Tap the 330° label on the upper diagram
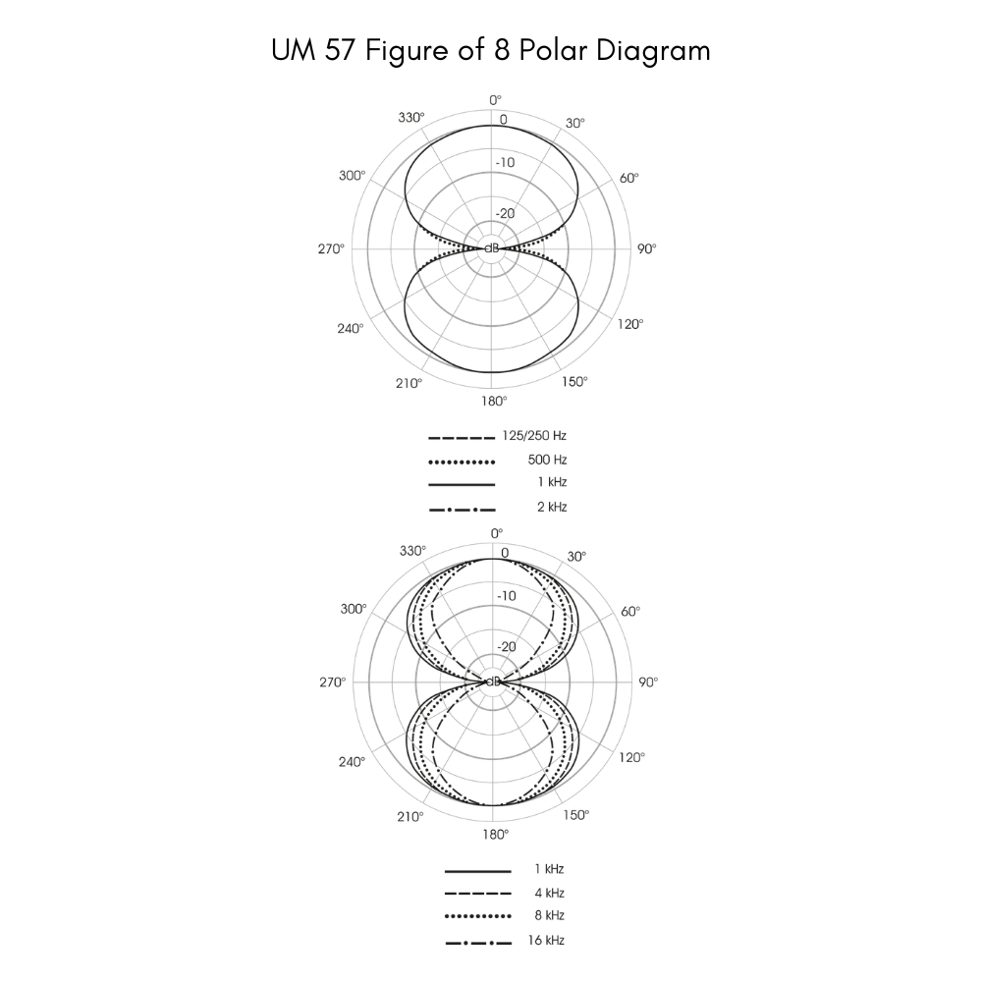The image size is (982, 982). [x=412, y=118]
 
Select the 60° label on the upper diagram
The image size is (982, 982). [x=628, y=178]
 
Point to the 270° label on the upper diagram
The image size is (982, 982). [x=332, y=249]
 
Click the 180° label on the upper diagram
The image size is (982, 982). [x=494, y=401]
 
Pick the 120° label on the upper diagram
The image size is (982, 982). [x=630, y=324]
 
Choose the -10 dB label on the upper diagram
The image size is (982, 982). [x=505, y=163]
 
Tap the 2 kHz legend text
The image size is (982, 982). [x=552, y=508]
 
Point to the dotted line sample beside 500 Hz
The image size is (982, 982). [x=462, y=461]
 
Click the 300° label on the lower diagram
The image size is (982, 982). [x=353, y=609]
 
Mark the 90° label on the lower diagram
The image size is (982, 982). [x=647, y=682]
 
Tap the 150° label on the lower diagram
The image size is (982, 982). [x=575, y=815]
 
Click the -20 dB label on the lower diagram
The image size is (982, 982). [x=507, y=647]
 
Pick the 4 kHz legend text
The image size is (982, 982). [x=549, y=893]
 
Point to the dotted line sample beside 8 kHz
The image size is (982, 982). [x=477, y=916]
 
